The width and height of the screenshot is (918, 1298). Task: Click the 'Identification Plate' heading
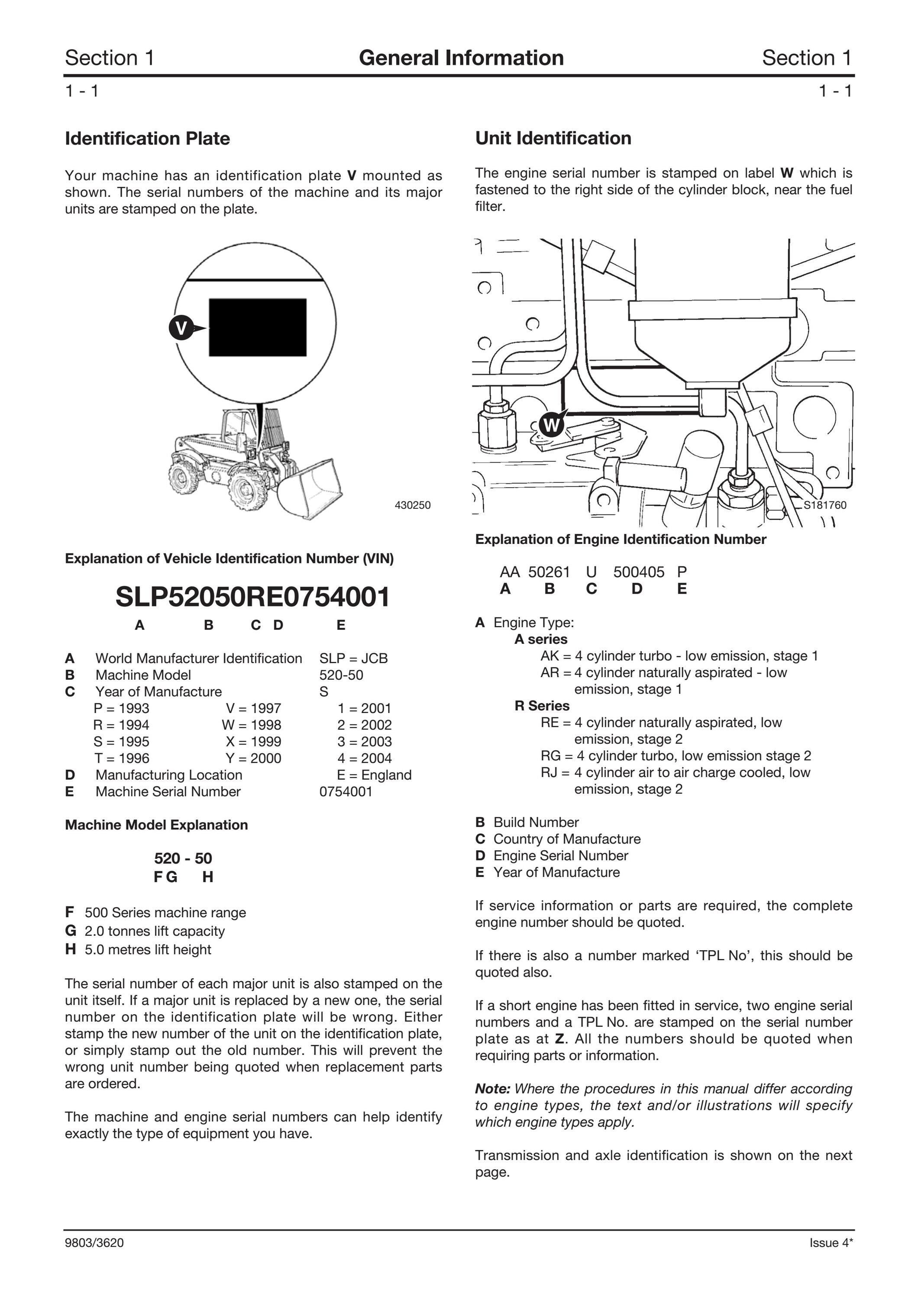click(147, 138)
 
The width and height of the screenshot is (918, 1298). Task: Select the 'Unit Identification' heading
click(553, 138)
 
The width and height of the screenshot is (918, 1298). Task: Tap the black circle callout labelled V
click(181, 328)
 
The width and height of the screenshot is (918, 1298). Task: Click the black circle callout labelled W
click(552, 424)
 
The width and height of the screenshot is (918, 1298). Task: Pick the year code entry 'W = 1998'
click(251, 725)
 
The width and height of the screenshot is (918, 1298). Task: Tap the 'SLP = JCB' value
click(353, 659)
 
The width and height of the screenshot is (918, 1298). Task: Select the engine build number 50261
click(549, 572)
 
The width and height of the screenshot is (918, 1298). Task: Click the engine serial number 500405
click(639, 572)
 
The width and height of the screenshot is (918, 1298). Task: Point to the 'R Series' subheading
click(542, 706)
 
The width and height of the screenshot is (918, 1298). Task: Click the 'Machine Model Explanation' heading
click(156, 825)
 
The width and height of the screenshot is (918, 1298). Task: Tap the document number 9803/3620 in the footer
click(94, 1243)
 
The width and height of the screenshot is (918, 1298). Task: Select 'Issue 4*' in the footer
click(831, 1243)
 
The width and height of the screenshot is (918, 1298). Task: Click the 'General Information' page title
click(461, 58)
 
